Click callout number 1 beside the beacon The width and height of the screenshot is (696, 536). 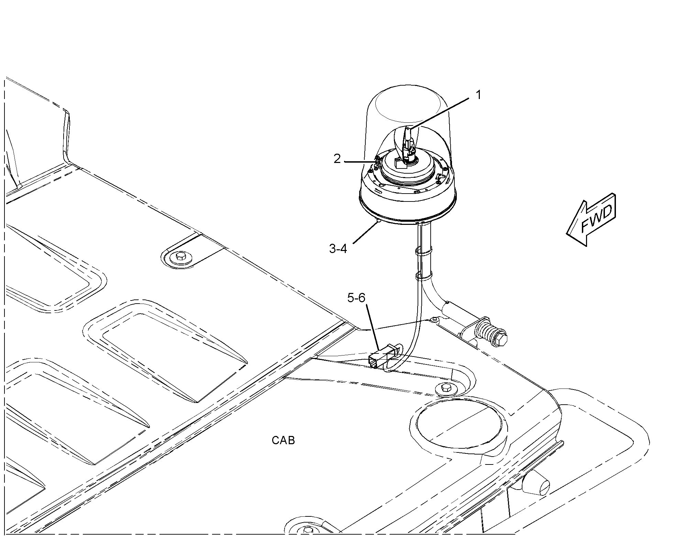478,95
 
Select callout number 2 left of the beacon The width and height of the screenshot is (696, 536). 337,159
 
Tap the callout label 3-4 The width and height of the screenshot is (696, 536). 338,248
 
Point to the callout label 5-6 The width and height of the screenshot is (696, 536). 356,298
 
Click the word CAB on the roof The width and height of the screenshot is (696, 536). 283,440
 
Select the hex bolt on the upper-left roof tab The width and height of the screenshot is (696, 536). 180,256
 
